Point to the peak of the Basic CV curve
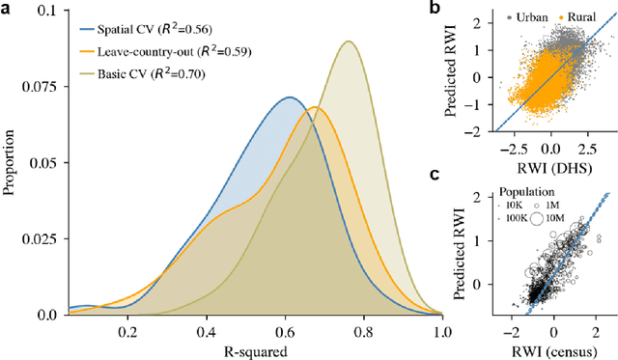348,42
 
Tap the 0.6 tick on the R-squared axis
284,330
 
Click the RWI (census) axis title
551,348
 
